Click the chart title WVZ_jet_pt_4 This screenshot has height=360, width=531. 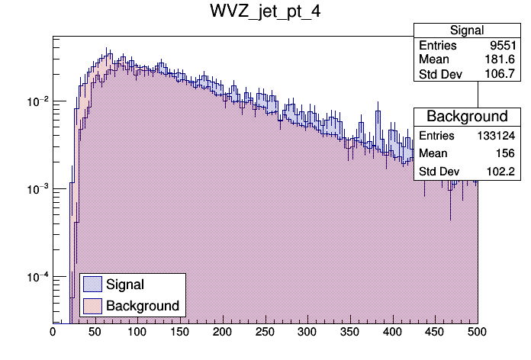265,13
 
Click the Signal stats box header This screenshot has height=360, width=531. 466,31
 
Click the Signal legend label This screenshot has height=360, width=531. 125,284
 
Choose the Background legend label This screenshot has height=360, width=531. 143,306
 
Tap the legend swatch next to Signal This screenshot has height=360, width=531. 92,284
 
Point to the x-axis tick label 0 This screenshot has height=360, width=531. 53,333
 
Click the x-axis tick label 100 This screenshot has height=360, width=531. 137,333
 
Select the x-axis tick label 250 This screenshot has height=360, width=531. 265,333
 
